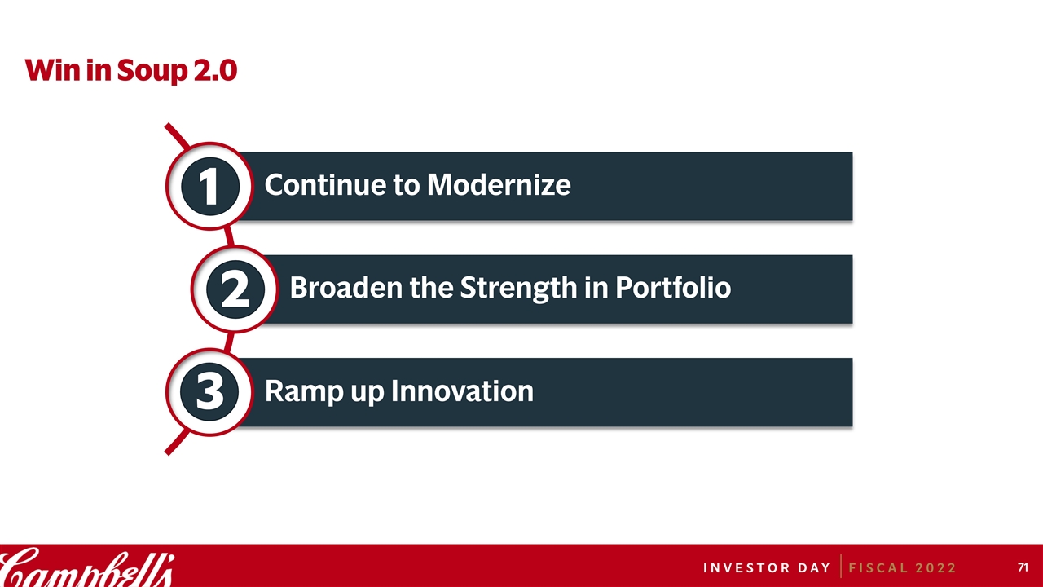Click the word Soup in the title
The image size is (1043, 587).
152,71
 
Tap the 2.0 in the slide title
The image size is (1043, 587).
215,70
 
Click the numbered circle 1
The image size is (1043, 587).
209,186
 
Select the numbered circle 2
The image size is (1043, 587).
235,289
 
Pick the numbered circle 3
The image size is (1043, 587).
209,392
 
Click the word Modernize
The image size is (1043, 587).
499,184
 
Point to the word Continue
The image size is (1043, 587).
326,184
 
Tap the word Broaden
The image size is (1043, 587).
346,288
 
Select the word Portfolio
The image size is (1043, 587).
673,288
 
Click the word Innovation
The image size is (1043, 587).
462,391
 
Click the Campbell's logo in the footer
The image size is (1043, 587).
86,567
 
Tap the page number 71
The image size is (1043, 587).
1023,567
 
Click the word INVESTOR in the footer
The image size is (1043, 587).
747,568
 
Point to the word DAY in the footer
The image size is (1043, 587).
814,568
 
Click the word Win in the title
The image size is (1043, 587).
53,70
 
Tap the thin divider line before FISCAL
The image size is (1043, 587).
841,566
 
